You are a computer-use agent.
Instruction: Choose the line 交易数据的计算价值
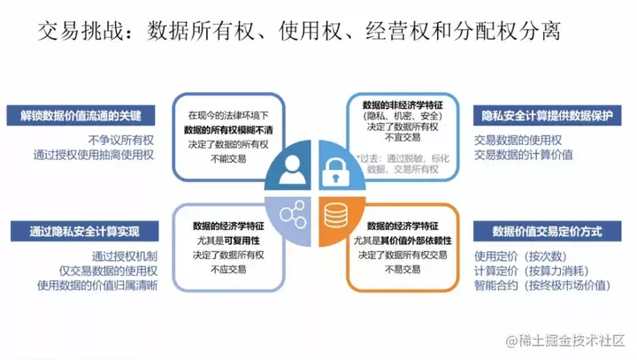523,154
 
